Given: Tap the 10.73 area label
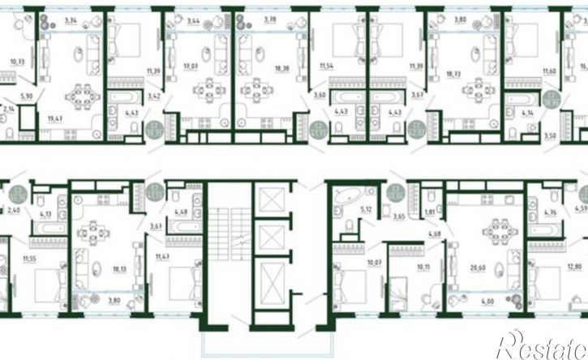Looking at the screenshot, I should click(16, 61).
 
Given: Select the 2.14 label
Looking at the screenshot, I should click(9, 107).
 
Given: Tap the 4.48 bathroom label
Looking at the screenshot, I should click(182, 213).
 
